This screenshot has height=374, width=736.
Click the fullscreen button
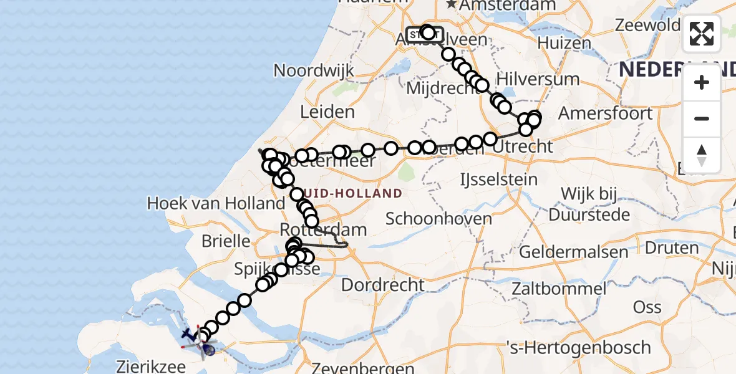click(x=702, y=34)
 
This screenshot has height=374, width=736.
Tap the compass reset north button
click(x=702, y=155)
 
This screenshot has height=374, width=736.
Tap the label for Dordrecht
click(x=383, y=285)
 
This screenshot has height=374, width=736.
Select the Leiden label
click(x=327, y=113)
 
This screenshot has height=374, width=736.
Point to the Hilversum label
click(x=538, y=80)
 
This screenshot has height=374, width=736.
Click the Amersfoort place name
click(x=605, y=113)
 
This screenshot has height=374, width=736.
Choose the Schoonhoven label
click(x=438, y=219)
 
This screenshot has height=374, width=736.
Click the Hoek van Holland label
click(x=216, y=203)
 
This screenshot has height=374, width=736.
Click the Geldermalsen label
click(x=573, y=252)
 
